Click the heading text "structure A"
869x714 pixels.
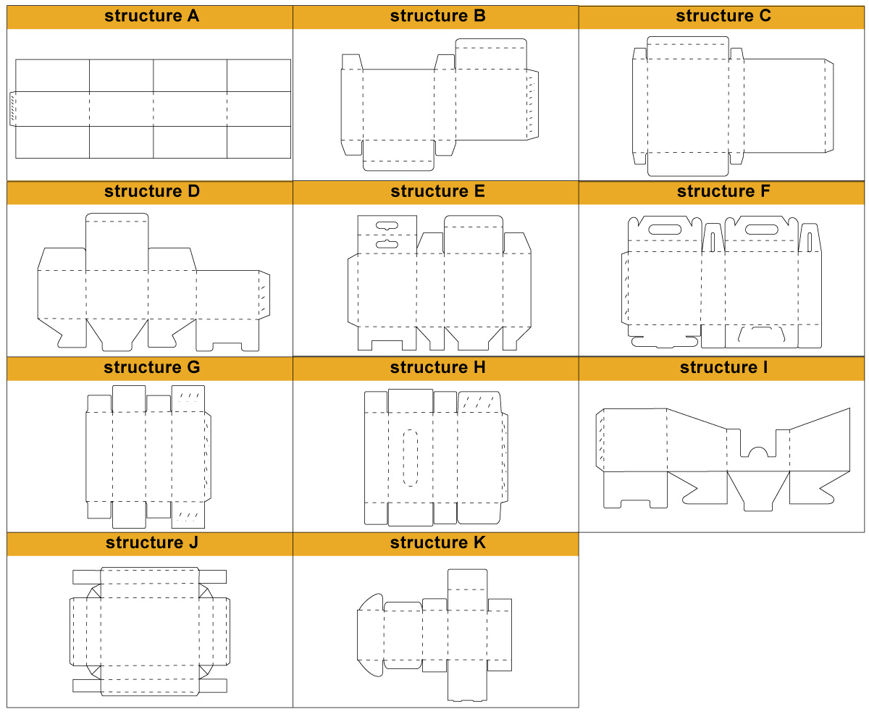pyautogui.click(x=151, y=16)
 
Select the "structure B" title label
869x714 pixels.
pyautogui.click(x=437, y=16)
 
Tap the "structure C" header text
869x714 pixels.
pyautogui.click(x=723, y=16)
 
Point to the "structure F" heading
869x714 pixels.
pyautogui.click(x=723, y=191)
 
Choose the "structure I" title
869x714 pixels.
pyautogui.click(x=723, y=367)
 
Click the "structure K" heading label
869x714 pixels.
pyautogui.click(x=437, y=542)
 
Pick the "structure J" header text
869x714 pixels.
pyautogui.click(x=151, y=542)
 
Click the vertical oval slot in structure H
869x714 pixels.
pyautogui.click(x=410, y=458)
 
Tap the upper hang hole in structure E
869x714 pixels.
pyautogui.click(x=387, y=225)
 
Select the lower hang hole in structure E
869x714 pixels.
pyautogui.click(x=387, y=244)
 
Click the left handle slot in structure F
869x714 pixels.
pyautogui.click(x=665, y=230)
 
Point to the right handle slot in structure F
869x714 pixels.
pyautogui.click(x=761, y=230)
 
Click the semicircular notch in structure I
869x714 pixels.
pyautogui.click(x=757, y=452)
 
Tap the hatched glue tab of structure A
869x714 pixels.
pyautogui.click(x=13, y=109)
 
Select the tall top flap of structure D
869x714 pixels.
pyautogui.click(x=117, y=242)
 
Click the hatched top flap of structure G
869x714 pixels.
pyautogui.click(x=188, y=398)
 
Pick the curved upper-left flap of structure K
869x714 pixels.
pyautogui.click(x=371, y=602)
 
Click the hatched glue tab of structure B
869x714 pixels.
pyautogui.click(x=532, y=105)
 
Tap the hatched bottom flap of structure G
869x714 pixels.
pyautogui.click(x=188, y=515)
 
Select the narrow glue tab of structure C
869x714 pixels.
pyautogui.click(x=829, y=106)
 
